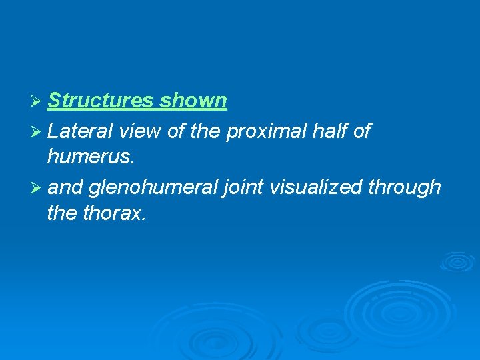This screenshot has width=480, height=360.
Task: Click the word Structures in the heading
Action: pyautogui.click(x=101, y=101)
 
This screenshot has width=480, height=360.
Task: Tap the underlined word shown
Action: pyautogui.click(x=193, y=101)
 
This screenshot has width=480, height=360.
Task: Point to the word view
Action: pyautogui.click(x=140, y=132)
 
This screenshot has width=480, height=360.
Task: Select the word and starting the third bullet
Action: pyautogui.click(x=65, y=188)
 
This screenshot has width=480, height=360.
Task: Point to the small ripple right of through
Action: pyautogui.click(x=457, y=261)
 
